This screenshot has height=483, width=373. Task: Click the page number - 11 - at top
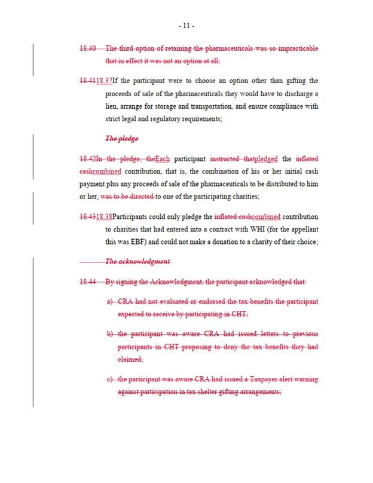[x=186, y=26]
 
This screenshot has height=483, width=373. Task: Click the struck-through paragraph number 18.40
[x=88, y=48]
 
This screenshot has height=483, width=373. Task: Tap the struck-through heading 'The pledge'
[x=121, y=139]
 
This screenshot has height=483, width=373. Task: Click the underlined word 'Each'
[x=162, y=158]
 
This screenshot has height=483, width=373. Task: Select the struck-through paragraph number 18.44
[x=88, y=282]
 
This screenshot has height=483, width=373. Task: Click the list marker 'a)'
[x=110, y=301]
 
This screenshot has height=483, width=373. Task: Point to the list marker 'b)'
[x=110, y=334]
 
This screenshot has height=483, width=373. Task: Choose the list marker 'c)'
[x=110, y=379]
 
